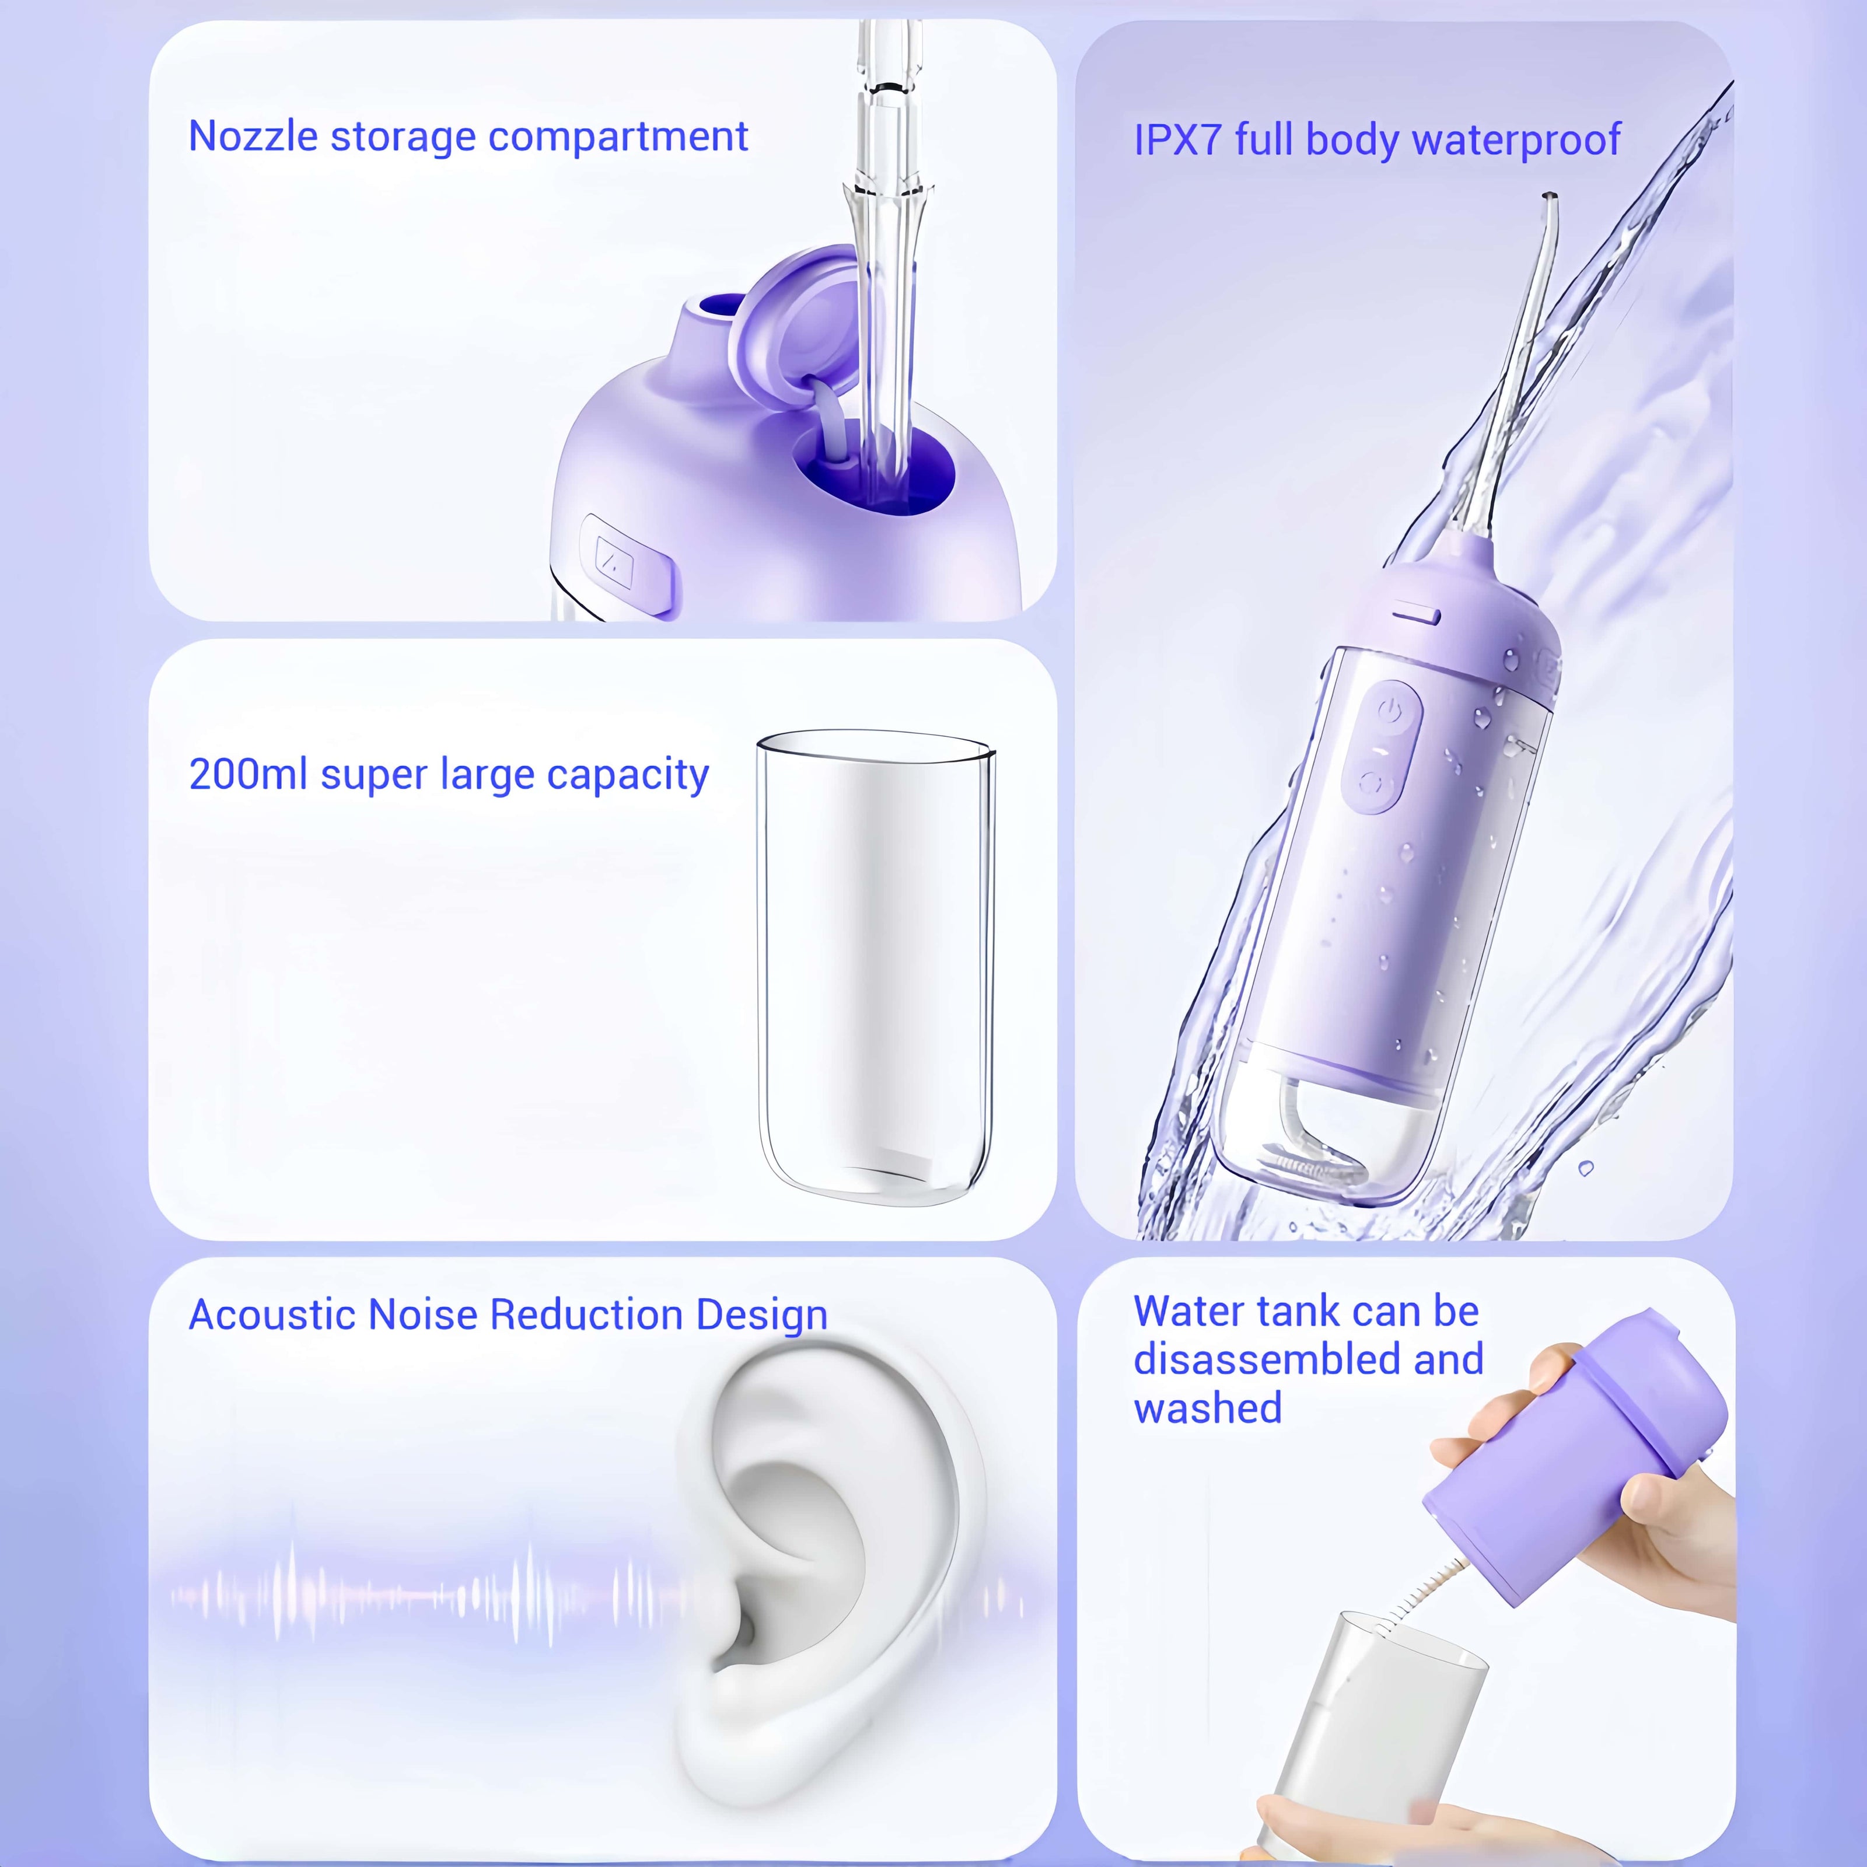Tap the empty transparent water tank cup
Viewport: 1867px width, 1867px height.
(876, 966)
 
